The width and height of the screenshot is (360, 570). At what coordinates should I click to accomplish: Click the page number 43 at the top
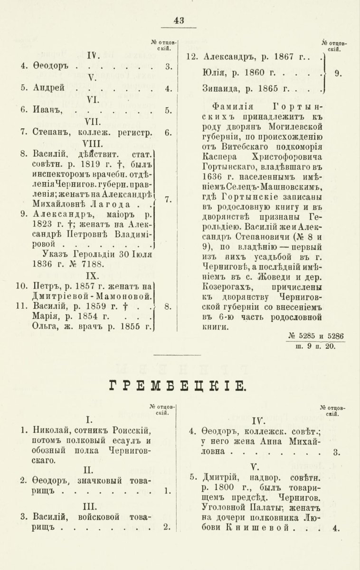pyautogui.click(x=179, y=20)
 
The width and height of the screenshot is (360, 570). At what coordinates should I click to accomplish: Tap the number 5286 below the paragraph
pyautogui.click(x=333, y=336)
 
